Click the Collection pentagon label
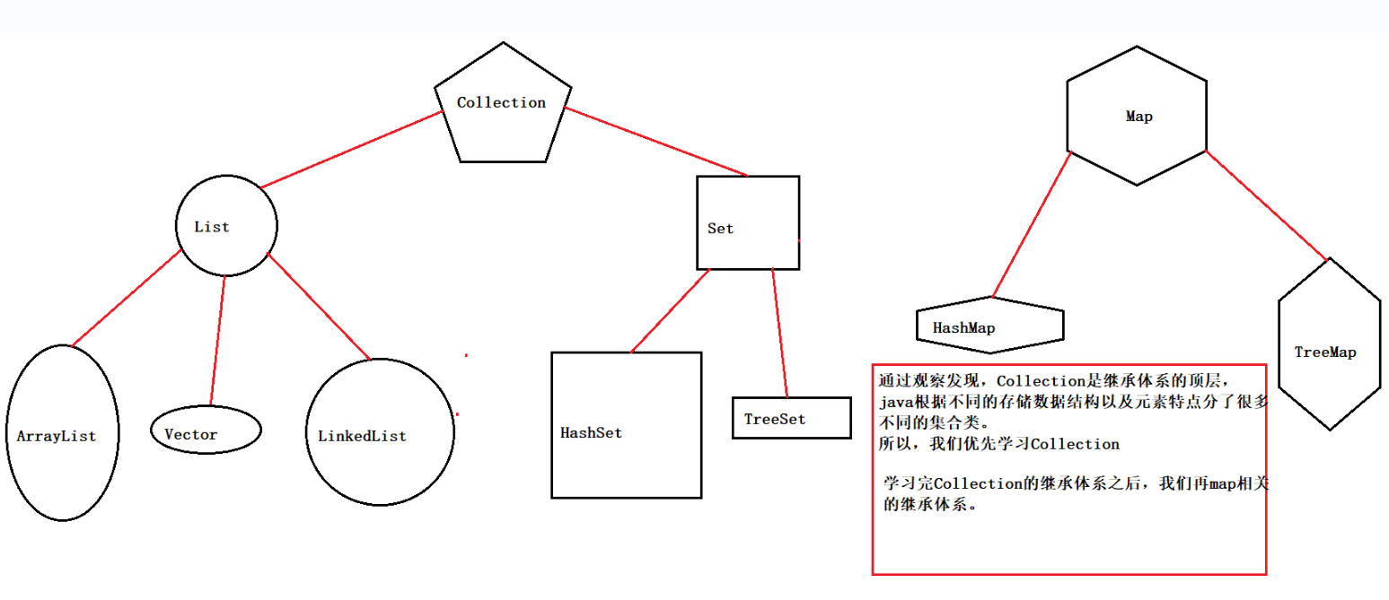pos(501,103)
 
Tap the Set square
pos(747,223)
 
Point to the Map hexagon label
pos(1138,117)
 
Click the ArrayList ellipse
pos(63,435)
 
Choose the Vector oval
pos(206,434)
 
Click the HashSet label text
pos(591,433)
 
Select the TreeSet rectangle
pos(790,418)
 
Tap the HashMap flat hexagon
pos(989,326)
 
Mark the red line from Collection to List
pos(351,150)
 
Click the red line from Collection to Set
pos(655,141)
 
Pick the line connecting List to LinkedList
pos(319,307)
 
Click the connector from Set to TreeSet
pos(779,333)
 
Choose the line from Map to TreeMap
pos(1266,204)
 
